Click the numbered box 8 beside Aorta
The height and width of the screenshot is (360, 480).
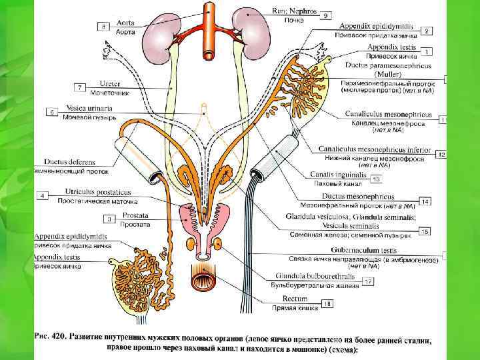point(104,26)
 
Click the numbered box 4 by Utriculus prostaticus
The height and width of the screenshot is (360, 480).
point(43,195)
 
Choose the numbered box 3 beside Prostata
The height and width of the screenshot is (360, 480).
point(108,219)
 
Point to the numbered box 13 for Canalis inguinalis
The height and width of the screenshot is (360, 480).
point(376,179)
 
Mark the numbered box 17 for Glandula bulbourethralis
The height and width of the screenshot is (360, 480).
point(367,282)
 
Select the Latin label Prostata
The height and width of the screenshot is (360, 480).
point(135,216)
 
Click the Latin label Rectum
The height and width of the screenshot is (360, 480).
point(295,299)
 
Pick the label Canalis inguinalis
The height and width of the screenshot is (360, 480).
point(339,175)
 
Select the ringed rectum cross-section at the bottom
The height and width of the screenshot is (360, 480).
point(207,281)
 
